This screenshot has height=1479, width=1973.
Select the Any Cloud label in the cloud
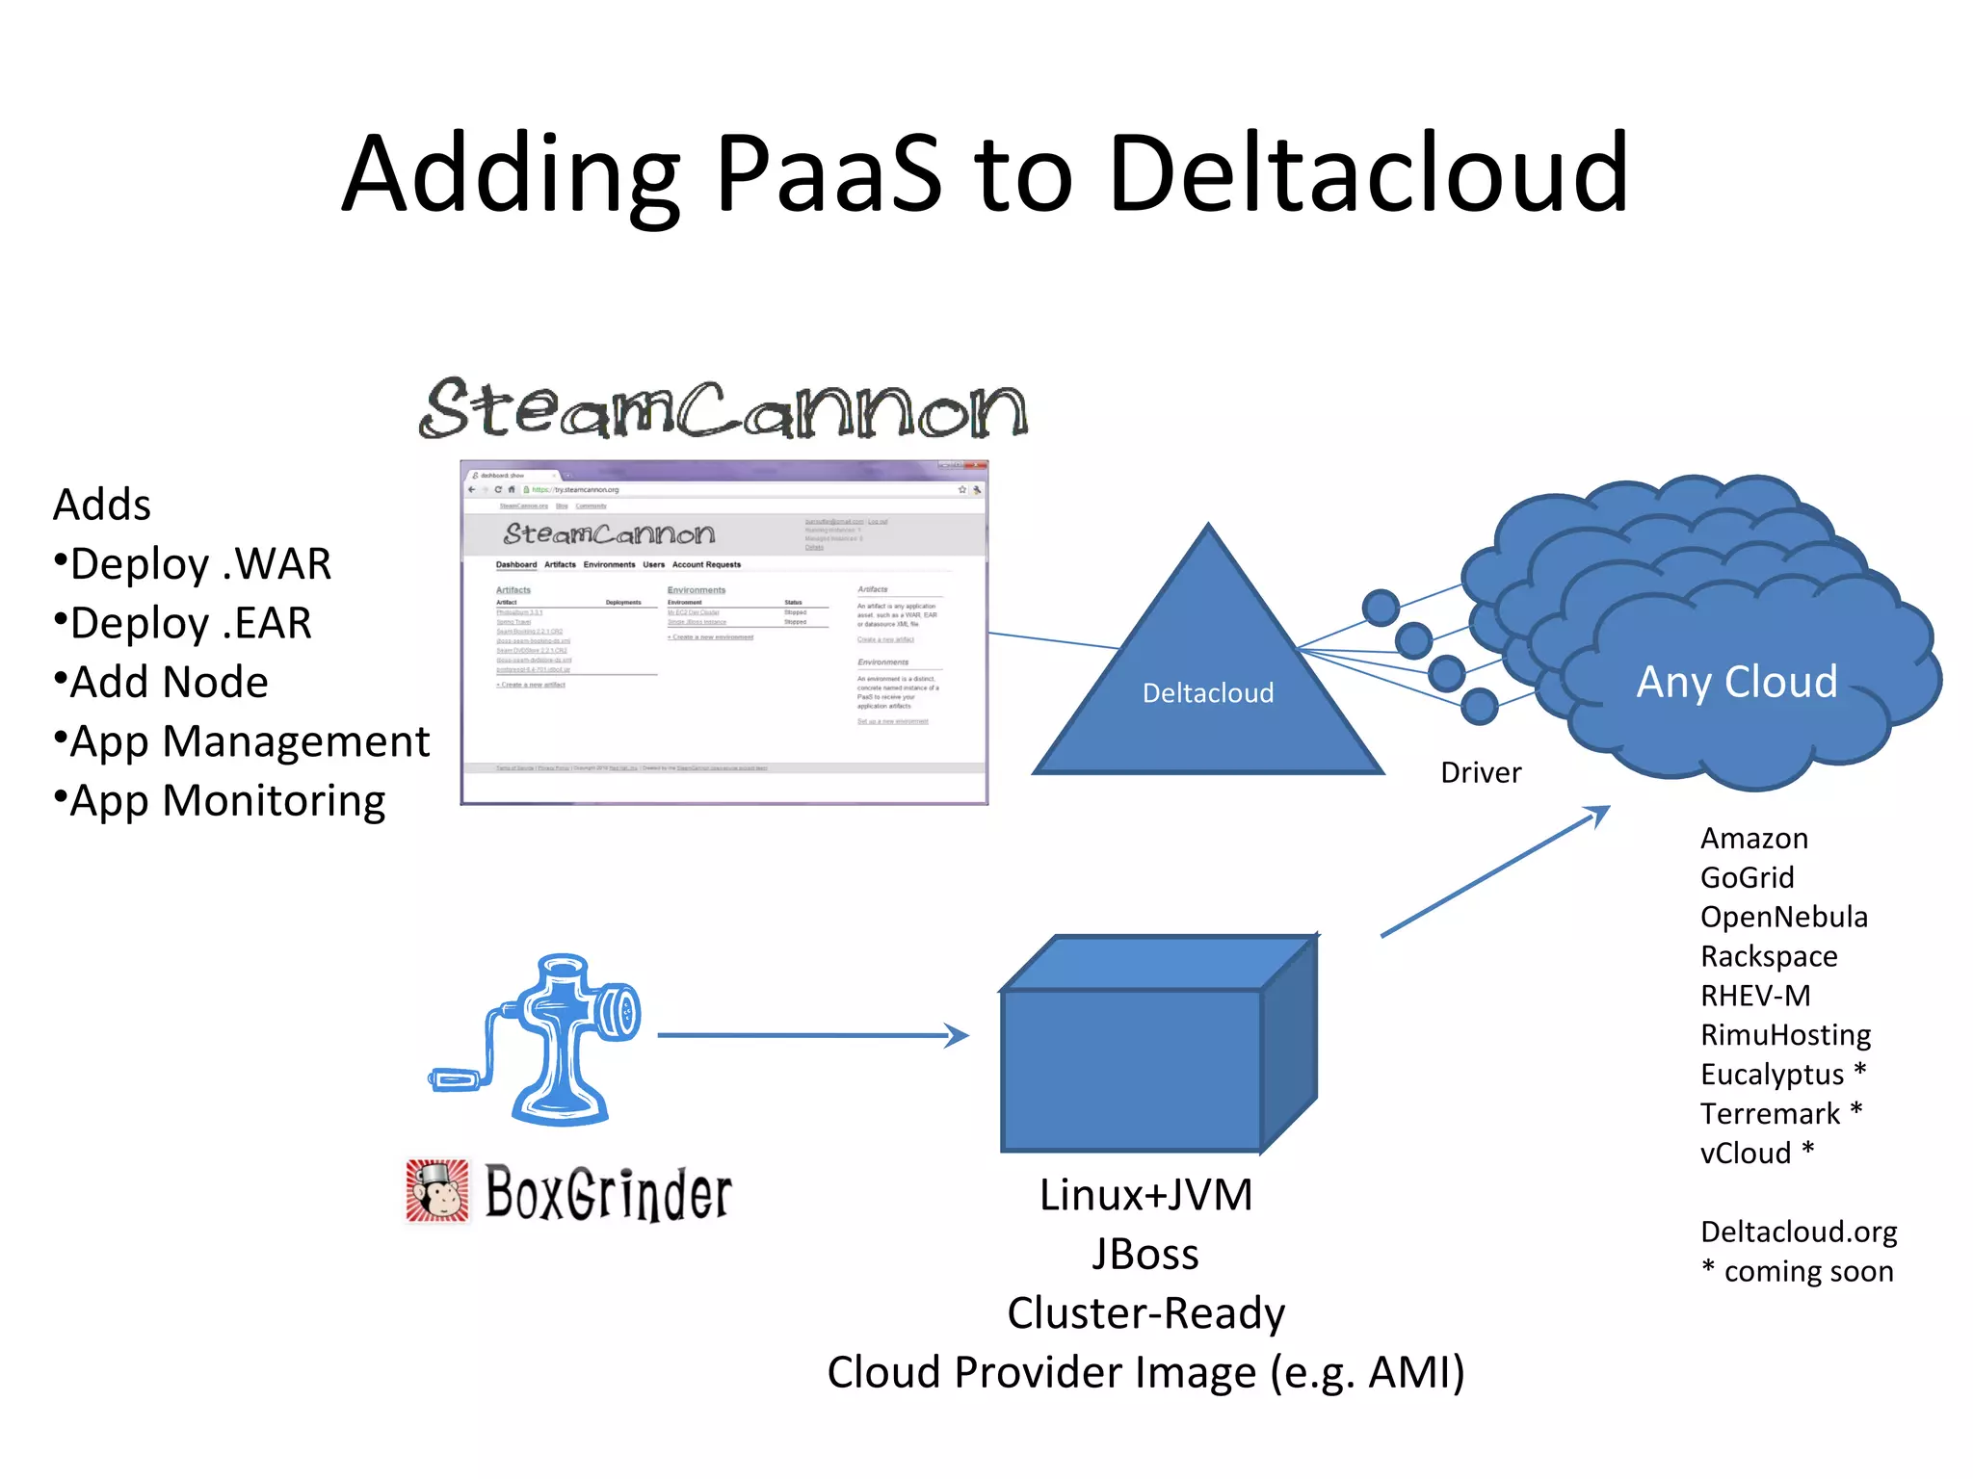pos(1737,682)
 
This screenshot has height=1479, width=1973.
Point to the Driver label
pos(1481,772)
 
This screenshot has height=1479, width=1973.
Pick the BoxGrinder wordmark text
pos(608,1194)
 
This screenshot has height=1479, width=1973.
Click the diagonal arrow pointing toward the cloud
pos(1493,871)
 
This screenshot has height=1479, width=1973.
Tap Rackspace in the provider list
pos(1769,956)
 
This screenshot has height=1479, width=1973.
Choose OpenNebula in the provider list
pos(1783,917)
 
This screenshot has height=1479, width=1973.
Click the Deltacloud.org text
pos(1799,1232)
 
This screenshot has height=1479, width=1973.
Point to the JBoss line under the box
pos(1145,1255)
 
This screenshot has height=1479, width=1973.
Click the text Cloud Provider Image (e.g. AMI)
pos(1145,1372)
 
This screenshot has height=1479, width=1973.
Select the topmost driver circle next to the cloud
pos(1381,608)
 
